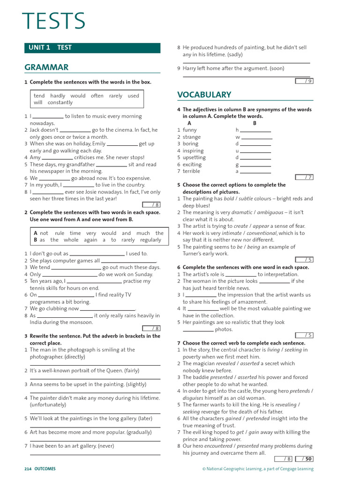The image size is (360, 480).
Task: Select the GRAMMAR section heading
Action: [x=46, y=67]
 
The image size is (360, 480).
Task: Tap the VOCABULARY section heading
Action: [x=204, y=95]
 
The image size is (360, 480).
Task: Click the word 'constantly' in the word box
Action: [x=60, y=102]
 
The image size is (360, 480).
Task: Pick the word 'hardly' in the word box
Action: [x=58, y=96]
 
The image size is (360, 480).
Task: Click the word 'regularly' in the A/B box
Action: [x=150, y=240]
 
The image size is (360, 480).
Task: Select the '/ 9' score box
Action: [x=304, y=81]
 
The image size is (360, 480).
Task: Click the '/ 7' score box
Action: [x=304, y=177]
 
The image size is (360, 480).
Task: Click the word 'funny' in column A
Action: [x=190, y=130]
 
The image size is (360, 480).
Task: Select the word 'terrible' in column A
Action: [x=191, y=171]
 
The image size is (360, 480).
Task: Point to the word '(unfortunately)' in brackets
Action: [x=48, y=405]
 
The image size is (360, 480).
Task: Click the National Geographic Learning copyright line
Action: [x=258, y=469]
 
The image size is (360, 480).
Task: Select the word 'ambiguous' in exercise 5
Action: [x=270, y=212]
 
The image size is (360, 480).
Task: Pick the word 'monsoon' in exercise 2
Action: [x=82, y=322]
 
